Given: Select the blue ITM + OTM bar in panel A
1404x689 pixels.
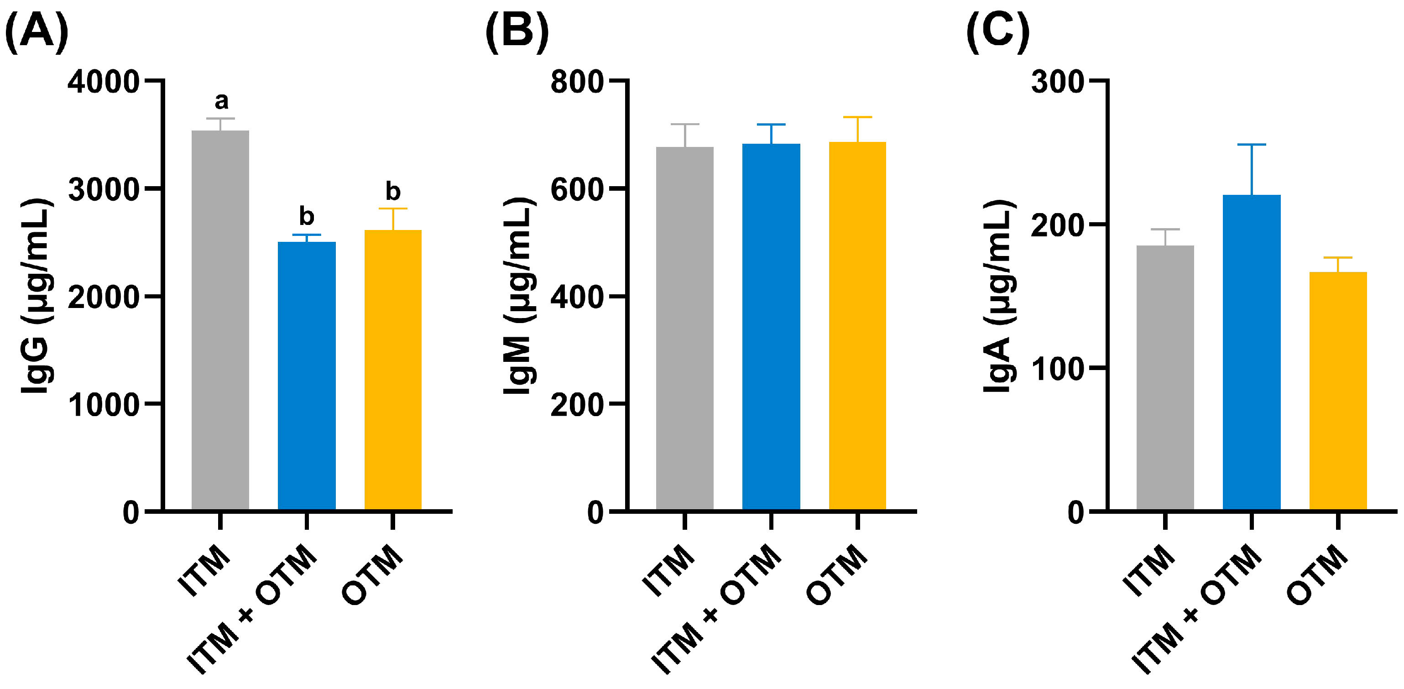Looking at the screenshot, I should pyautogui.click(x=306, y=376).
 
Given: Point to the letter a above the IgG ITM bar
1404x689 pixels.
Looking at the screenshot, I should pyautogui.click(x=221, y=101).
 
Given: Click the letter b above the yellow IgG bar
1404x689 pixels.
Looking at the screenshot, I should pyautogui.click(x=392, y=191).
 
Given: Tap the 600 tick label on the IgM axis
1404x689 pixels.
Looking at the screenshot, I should pyautogui.click(x=577, y=190).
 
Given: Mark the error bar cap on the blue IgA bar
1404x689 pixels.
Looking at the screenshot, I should pyautogui.click(x=1252, y=145).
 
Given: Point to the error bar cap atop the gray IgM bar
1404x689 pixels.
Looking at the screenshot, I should pyautogui.click(x=684, y=124).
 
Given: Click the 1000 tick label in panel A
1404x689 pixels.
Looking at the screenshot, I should pyautogui.click(x=104, y=405).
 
